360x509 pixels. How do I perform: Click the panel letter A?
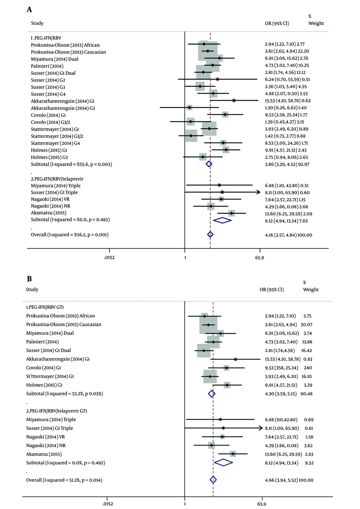click(x=30, y=10)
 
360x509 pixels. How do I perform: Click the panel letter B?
click(x=30, y=279)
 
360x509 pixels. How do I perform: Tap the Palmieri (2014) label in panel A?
click(x=47, y=66)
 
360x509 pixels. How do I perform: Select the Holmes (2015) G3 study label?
click(x=49, y=157)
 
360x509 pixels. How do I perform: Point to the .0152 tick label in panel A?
click(x=109, y=258)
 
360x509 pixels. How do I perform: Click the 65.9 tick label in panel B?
click(x=262, y=504)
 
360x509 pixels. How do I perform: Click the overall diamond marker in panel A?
click(x=211, y=235)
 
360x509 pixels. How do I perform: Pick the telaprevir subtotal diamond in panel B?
click(x=223, y=463)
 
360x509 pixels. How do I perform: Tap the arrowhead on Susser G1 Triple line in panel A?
click(x=258, y=192)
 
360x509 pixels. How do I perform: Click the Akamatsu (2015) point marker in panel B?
click(x=233, y=454)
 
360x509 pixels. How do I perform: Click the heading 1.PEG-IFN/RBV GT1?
click(x=45, y=307)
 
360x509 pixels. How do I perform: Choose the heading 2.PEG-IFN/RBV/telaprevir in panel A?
click(x=57, y=179)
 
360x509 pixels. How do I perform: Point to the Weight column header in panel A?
click(x=316, y=23)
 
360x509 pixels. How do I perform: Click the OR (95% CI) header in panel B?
click(x=272, y=289)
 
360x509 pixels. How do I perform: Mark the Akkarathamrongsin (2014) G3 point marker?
click(x=189, y=108)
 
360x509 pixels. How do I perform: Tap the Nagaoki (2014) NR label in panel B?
click(x=46, y=446)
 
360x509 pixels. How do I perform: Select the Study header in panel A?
click(x=37, y=23)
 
